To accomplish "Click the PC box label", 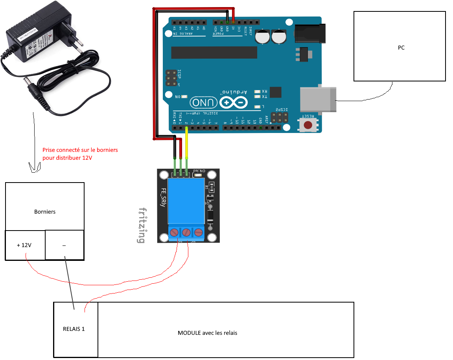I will tap(401, 48).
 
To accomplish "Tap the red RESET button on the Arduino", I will tap(308, 125).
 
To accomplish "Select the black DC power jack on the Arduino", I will tap(311, 33).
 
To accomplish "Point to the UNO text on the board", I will tap(204, 103).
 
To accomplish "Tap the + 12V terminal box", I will tap(24, 245).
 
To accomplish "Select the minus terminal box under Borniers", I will tap(64, 245).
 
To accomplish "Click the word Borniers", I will tap(45, 212).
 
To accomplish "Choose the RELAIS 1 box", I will tap(74, 329).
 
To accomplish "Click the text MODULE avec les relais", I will tap(207, 333).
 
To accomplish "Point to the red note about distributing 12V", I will tap(80, 154).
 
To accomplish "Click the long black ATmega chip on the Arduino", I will tap(214, 52).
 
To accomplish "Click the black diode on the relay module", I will tap(210, 216).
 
